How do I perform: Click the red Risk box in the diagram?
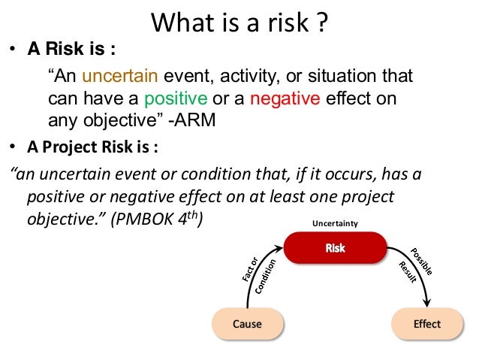[x=335, y=248]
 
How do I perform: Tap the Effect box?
[x=426, y=325]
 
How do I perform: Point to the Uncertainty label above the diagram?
[x=334, y=223]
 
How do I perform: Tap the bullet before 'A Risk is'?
[x=13, y=53]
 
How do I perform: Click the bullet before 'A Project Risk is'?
[x=13, y=146]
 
